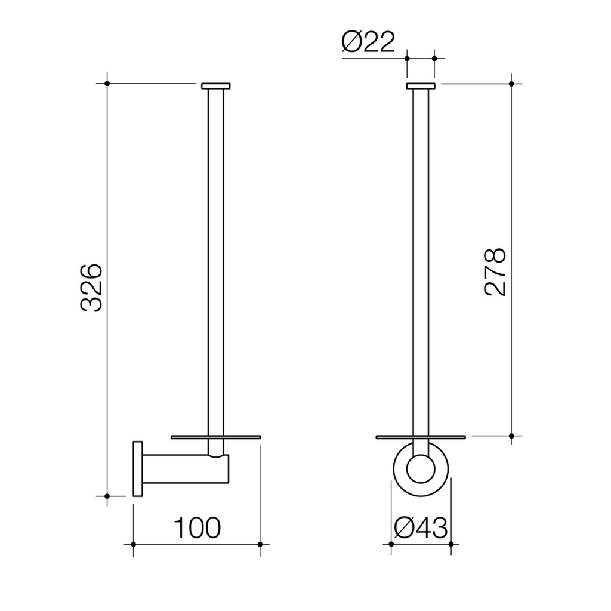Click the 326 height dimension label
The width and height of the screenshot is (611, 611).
[91, 288]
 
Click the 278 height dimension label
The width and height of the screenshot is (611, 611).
[495, 271]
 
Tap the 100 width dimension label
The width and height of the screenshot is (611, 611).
[197, 528]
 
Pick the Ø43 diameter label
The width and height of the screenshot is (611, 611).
[421, 528]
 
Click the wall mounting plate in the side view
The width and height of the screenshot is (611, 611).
[138, 469]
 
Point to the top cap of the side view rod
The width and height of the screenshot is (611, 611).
[216, 86]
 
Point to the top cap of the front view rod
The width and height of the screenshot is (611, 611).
[421, 86]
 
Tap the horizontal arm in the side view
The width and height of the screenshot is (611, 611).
[186, 469]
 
